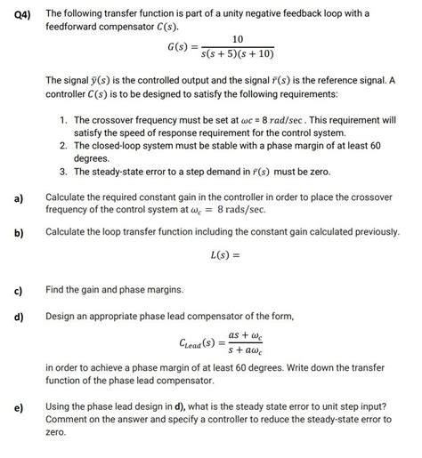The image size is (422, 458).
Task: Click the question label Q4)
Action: (15, 13)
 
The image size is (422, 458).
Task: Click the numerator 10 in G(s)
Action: (237, 40)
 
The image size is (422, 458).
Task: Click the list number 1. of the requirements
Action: (62, 119)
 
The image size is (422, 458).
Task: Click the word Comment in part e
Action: (69, 418)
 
